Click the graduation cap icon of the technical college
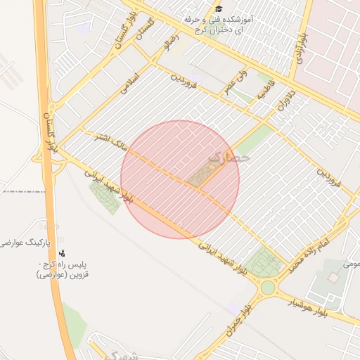point(219,9)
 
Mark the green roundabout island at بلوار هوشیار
point(267,287)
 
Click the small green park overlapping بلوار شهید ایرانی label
point(105,196)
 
